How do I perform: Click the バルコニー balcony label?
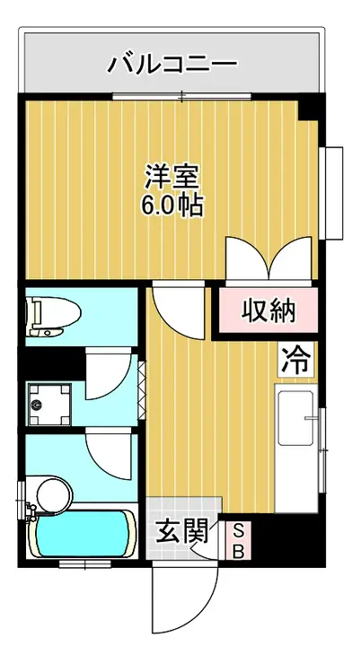tap(172, 64)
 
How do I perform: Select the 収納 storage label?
tap(269, 311)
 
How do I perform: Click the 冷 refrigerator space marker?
tap(296, 360)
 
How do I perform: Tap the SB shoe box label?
tap(239, 540)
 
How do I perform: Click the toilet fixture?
tap(53, 317)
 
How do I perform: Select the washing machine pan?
tap(49, 404)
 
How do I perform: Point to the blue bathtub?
tap(84, 533)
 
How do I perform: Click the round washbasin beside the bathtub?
tap(55, 494)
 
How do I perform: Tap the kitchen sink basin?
tap(295, 418)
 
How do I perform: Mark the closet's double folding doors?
tap(268, 258)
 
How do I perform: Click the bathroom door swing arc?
tap(108, 453)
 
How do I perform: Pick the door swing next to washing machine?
tap(107, 373)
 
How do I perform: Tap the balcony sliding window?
tap(182, 96)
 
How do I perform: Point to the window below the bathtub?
tap(84, 564)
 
